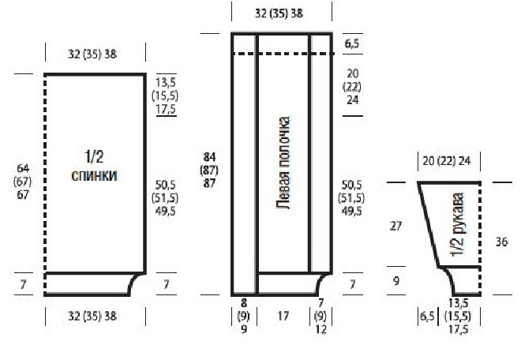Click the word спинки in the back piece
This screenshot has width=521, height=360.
coord(95,176)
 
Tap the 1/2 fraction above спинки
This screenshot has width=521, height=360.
coord(94,156)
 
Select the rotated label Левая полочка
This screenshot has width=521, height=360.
coord(283,163)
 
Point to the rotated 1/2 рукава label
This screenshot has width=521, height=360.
coord(458,225)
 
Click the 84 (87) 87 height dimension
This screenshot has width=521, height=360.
coord(209,171)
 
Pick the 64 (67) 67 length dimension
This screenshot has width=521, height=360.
coord(23,182)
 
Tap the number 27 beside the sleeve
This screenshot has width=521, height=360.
coord(395,227)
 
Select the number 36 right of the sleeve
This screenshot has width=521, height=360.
coord(501,242)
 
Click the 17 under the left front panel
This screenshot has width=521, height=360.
coord(283,316)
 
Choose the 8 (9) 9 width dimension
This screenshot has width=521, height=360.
coord(244,316)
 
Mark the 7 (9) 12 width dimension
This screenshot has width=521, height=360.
coord(320,316)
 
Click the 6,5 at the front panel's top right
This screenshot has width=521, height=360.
coord(352,43)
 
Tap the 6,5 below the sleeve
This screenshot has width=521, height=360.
coord(427,316)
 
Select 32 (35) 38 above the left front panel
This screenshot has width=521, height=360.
coord(279,13)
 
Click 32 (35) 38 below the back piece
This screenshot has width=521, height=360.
coord(92,316)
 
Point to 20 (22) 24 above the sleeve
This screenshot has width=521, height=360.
coord(447,161)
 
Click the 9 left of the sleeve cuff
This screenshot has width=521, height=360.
coord(396,281)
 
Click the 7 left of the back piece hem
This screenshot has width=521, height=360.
coord(23,284)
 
